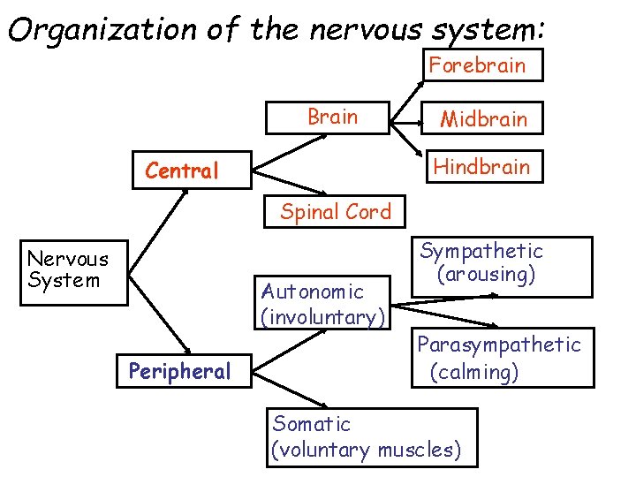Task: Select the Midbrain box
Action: coord(482,118)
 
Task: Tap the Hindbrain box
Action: coord(482,166)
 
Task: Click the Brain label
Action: coord(332,117)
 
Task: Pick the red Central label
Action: coord(182,170)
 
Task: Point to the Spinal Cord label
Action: coord(335,212)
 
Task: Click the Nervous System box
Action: coord(67,270)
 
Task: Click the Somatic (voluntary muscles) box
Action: coord(371,437)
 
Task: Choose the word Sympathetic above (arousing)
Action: coord(481,252)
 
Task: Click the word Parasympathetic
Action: coord(499,344)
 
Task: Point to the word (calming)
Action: coord(474,373)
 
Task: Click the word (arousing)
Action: coord(486,275)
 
